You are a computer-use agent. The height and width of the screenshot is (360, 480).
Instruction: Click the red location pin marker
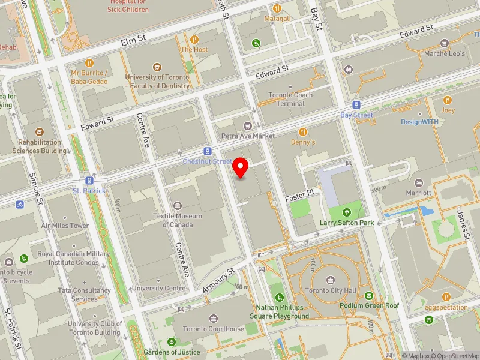pyautogui.click(x=241, y=167)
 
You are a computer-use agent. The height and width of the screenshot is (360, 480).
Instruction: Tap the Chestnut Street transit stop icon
pyautogui.click(x=208, y=152)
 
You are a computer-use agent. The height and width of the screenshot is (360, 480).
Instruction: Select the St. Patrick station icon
pyautogui.click(x=89, y=180)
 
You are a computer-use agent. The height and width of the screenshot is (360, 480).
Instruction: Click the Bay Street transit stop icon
pyautogui.click(x=356, y=104)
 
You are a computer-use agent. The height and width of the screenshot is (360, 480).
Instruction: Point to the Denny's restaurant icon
pyautogui.click(x=303, y=131)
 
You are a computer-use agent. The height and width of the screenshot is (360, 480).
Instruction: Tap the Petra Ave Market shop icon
pyautogui.click(x=247, y=125)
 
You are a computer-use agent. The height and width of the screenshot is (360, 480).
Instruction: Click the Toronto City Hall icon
pyautogui.click(x=330, y=280)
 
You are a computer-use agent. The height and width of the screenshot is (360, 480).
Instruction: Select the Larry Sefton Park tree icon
pyautogui.click(x=346, y=212)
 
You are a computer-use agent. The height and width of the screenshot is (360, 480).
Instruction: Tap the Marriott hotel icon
pyautogui.click(x=418, y=182)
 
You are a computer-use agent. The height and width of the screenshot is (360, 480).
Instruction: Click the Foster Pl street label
pyautogui.click(x=300, y=195)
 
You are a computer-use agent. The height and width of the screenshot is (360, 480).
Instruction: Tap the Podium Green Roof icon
pyautogui.click(x=368, y=295)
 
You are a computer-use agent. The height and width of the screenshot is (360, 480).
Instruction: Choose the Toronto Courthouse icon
pyautogui.click(x=214, y=318)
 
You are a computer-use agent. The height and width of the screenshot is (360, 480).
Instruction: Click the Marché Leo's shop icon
pyautogui.click(x=444, y=43)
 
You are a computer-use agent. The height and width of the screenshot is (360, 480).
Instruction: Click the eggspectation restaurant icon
pyautogui.click(x=446, y=297)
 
